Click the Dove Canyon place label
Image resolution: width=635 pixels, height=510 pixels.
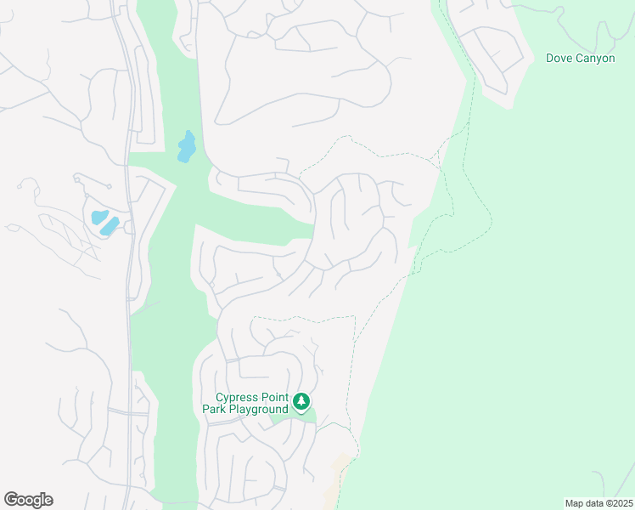(x=580, y=59)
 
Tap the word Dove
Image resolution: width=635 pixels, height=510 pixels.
(x=559, y=59)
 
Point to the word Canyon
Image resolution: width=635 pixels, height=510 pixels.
(x=594, y=59)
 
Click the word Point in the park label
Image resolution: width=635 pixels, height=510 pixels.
(x=273, y=397)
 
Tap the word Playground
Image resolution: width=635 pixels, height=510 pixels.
(x=259, y=410)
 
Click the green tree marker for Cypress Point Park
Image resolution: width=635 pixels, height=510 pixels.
(x=301, y=401)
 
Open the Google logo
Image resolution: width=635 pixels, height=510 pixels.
(x=28, y=499)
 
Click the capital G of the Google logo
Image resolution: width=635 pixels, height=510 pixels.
(x=11, y=499)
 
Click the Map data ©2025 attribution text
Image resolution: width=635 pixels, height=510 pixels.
(x=598, y=503)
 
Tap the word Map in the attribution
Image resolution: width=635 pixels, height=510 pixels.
(x=575, y=503)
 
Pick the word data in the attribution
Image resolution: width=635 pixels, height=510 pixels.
(x=593, y=503)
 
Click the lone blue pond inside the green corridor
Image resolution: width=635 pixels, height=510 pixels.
(x=187, y=147)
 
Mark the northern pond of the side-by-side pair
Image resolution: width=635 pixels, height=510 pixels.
(x=99, y=216)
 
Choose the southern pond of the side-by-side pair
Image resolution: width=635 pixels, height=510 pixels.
(x=110, y=226)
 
